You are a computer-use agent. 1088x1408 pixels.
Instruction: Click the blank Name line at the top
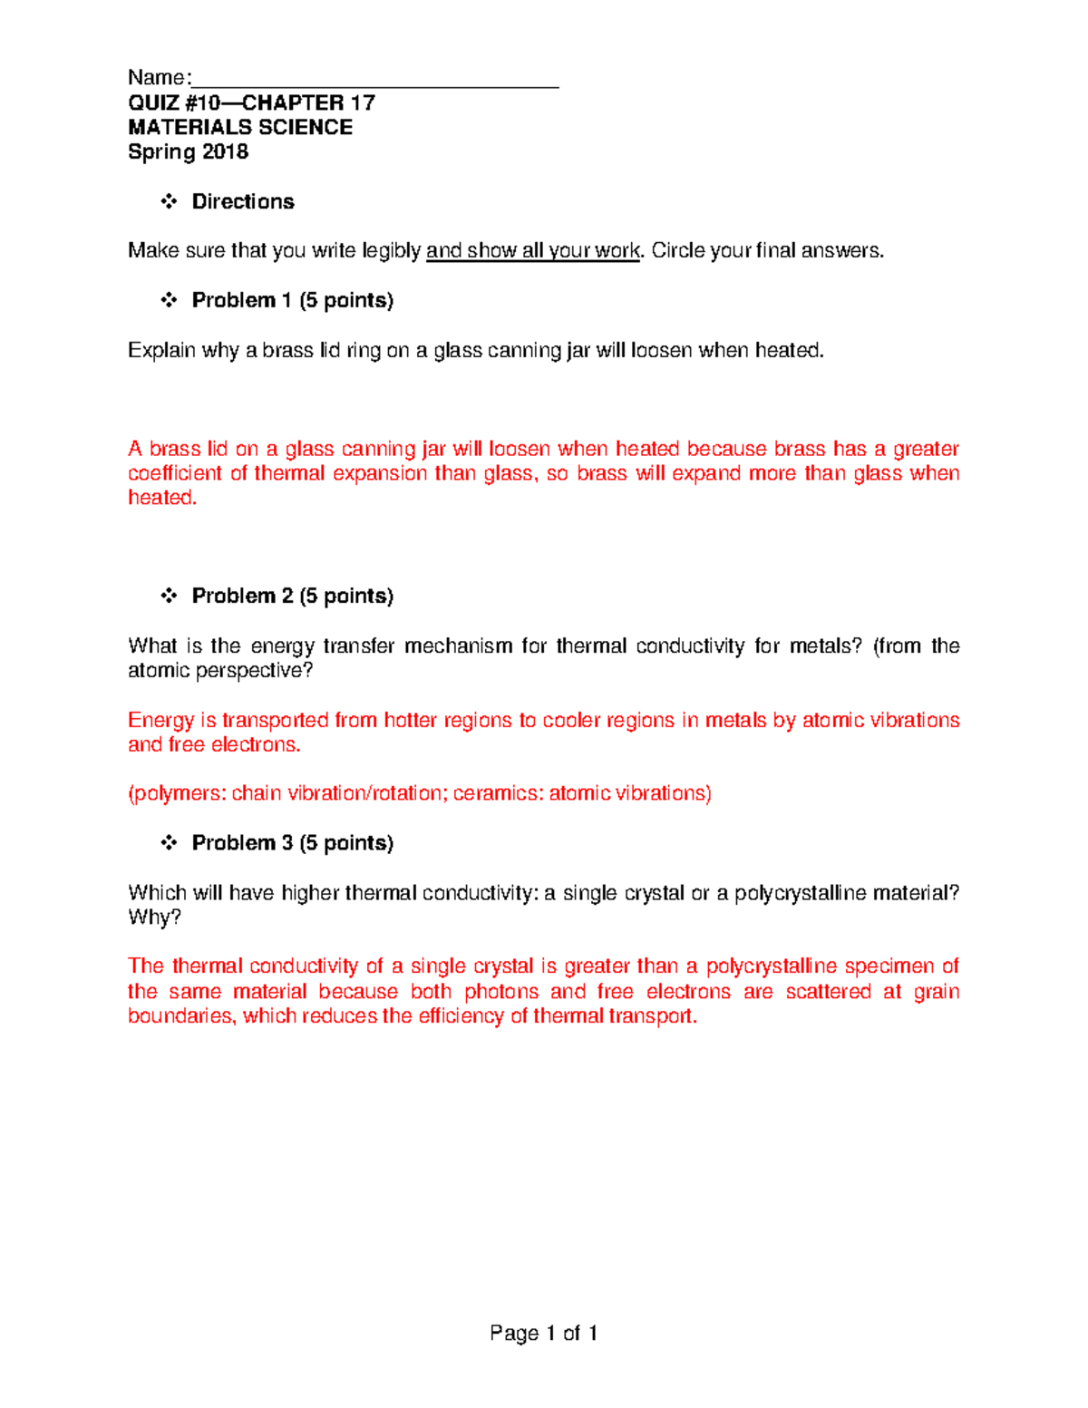tap(375, 80)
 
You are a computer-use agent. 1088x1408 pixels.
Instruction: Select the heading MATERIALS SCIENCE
tap(240, 128)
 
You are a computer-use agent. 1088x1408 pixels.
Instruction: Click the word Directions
tap(243, 202)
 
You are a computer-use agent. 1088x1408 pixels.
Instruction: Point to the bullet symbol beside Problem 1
tap(169, 300)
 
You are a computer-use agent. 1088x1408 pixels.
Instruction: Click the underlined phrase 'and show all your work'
tap(532, 251)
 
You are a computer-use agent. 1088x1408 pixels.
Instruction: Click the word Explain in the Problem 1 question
tap(161, 351)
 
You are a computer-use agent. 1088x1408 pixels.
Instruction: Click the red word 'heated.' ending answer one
tap(162, 498)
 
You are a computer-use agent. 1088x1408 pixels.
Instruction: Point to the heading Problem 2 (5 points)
tap(292, 597)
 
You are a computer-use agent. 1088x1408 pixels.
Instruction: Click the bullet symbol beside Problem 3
tap(169, 843)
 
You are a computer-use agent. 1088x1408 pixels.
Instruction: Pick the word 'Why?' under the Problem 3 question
tap(154, 918)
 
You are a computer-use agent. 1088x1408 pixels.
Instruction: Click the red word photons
tap(501, 992)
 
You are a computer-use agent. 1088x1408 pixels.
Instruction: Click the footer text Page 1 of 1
tap(543, 1334)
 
